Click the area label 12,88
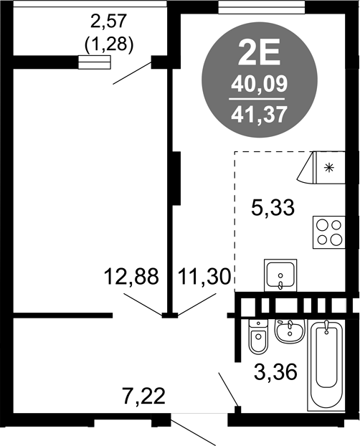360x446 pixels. click(x=131, y=277)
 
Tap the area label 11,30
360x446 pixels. click(x=204, y=277)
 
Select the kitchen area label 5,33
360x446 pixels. click(x=273, y=208)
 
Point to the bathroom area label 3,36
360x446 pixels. click(x=275, y=372)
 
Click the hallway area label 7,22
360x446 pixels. click(x=144, y=396)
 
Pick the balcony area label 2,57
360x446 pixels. click(x=108, y=22)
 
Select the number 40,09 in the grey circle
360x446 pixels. click(x=260, y=85)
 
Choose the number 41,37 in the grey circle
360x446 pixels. click(x=259, y=115)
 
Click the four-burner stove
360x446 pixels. click(x=329, y=232)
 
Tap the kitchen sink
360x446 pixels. click(x=280, y=275)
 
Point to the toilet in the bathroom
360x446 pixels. click(x=259, y=337)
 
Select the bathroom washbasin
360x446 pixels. click(x=290, y=331)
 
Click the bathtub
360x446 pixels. click(x=326, y=365)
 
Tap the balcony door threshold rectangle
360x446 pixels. click(x=94, y=62)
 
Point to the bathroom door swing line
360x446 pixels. click(x=228, y=389)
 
